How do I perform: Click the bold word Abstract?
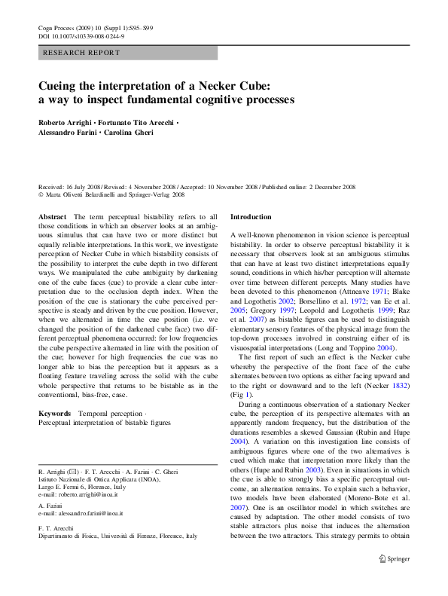pyautogui.click(x=52, y=216)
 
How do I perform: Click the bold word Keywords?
pyautogui.click(x=54, y=414)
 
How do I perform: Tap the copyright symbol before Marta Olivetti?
pyautogui.click(x=41, y=194)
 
